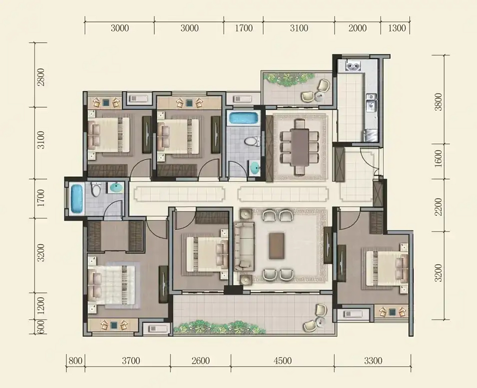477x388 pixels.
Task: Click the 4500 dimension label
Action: [x=282, y=361]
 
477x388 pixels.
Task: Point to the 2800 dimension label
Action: [x=41, y=77]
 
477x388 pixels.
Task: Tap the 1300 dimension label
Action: [x=397, y=28]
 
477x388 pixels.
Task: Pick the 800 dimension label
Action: [x=76, y=361]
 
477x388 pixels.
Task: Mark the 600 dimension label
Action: [x=41, y=327]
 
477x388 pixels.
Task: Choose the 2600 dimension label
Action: [x=200, y=361]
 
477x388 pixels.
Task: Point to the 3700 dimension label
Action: [x=131, y=361]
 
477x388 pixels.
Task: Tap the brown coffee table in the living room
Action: [x=277, y=246]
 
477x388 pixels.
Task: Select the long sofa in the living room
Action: [x=244, y=247]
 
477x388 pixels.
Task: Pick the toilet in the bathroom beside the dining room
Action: [x=252, y=142]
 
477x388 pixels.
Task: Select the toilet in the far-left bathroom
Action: [x=96, y=189]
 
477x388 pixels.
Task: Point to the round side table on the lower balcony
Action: [x=321, y=322]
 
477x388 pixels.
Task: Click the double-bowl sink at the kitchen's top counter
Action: [x=353, y=65]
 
